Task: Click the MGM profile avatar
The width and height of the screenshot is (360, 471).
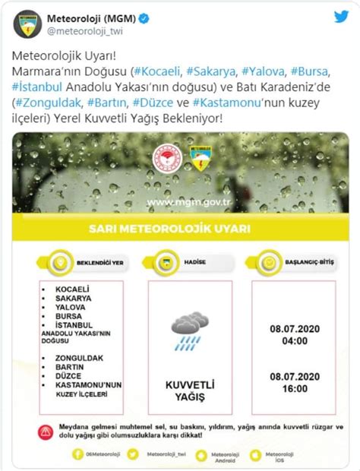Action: pyautogui.click(x=29, y=24)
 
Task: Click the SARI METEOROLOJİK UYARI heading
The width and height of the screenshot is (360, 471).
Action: pyautogui.click(x=180, y=229)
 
